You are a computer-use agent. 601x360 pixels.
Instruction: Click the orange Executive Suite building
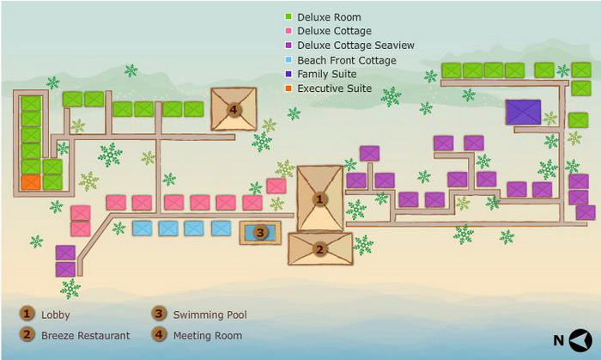click(31, 182)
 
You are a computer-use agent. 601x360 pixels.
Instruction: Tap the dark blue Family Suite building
click(523, 112)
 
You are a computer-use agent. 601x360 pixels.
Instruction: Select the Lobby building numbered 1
click(319, 198)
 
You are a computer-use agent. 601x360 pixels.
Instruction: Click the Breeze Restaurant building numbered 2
click(320, 249)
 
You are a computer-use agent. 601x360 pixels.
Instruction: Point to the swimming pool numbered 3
click(260, 232)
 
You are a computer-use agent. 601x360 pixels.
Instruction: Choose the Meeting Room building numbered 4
click(234, 109)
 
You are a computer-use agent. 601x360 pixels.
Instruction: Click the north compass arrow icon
click(580, 340)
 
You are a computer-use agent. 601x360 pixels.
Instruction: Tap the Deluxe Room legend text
click(329, 17)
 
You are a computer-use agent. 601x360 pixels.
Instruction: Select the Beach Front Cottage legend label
click(347, 60)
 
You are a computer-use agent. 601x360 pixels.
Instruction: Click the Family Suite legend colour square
click(288, 74)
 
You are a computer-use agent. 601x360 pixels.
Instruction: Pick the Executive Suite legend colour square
click(288, 88)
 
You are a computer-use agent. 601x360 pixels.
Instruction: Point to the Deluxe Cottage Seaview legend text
click(356, 46)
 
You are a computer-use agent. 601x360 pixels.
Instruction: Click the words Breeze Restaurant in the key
click(86, 335)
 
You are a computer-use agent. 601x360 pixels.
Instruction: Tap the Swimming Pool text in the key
click(210, 314)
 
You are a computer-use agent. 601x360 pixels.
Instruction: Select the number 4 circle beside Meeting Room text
click(159, 334)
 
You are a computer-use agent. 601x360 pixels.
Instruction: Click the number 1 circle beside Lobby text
click(27, 314)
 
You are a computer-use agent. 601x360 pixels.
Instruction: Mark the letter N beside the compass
click(558, 340)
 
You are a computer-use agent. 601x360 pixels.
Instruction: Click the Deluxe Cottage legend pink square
click(288, 31)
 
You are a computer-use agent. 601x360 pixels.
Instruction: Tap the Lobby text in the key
click(56, 314)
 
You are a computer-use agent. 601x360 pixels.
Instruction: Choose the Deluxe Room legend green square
click(288, 17)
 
